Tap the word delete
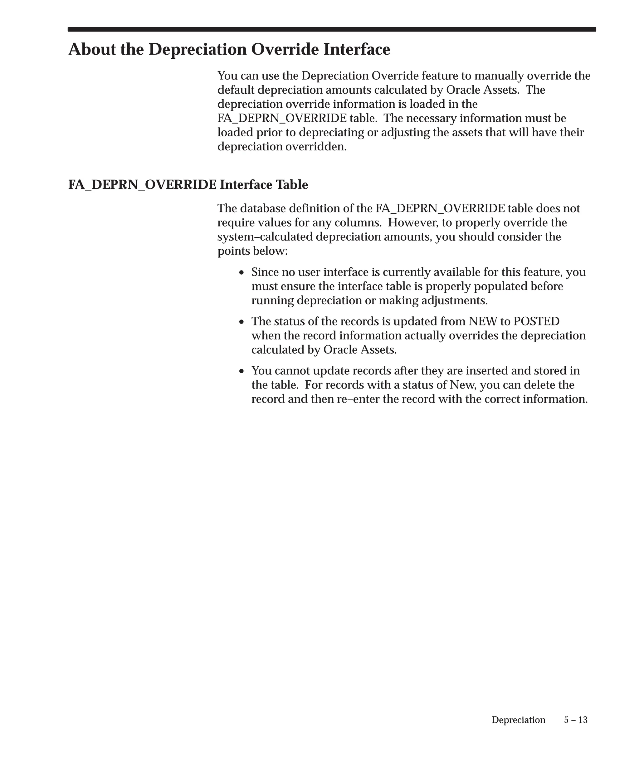[x=537, y=385]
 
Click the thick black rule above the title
[x=332, y=29]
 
